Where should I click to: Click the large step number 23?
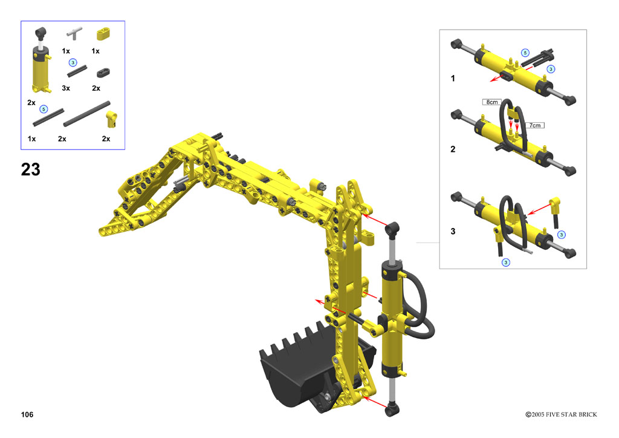coord(30,169)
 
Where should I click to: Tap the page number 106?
coord(27,414)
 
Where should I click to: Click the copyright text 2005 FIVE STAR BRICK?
coord(561,414)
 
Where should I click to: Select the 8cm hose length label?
coord(492,102)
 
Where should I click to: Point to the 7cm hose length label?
coord(535,125)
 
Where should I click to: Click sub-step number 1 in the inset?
coord(453,78)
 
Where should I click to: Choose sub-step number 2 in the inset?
coord(453,149)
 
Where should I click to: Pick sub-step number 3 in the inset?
coord(453,231)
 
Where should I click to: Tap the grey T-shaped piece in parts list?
coord(74,33)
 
